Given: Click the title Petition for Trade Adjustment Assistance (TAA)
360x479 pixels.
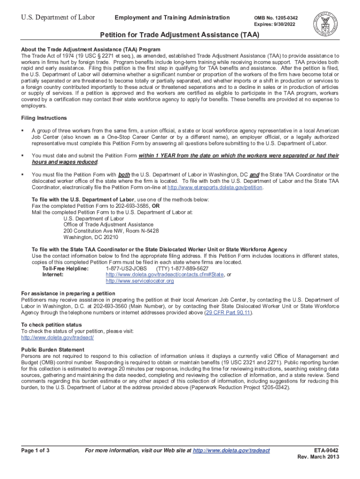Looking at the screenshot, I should click(180, 36).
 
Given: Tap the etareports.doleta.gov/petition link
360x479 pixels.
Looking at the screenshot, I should click(215, 188).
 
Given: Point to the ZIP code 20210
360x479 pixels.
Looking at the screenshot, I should click(109, 237).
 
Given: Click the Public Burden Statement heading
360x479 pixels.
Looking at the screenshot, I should click(53, 349).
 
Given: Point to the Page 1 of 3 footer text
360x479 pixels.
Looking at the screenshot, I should click(36, 450).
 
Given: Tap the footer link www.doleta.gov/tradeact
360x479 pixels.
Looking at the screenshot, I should click(231, 450).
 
